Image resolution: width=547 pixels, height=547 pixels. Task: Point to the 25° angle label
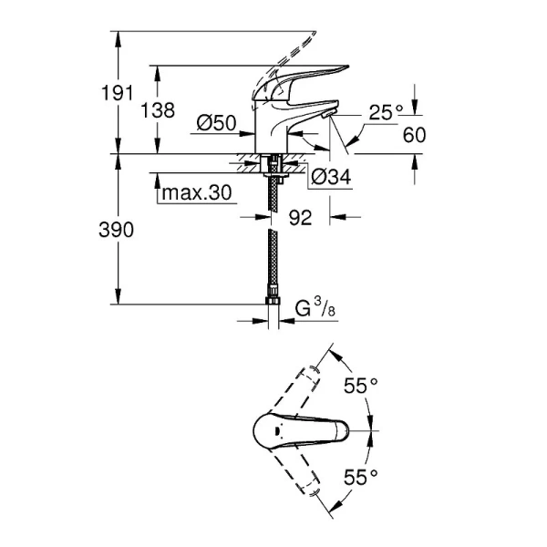[385, 112]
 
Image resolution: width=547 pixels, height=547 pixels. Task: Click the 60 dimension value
[414, 135]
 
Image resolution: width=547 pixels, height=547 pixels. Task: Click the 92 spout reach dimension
[300, 218]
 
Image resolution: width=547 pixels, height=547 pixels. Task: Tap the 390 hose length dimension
[117, 230]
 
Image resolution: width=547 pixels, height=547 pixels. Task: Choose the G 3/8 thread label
[315, 310]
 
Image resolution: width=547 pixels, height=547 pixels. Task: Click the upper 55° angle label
[361, 386]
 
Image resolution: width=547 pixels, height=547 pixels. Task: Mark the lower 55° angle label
[361, 475]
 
